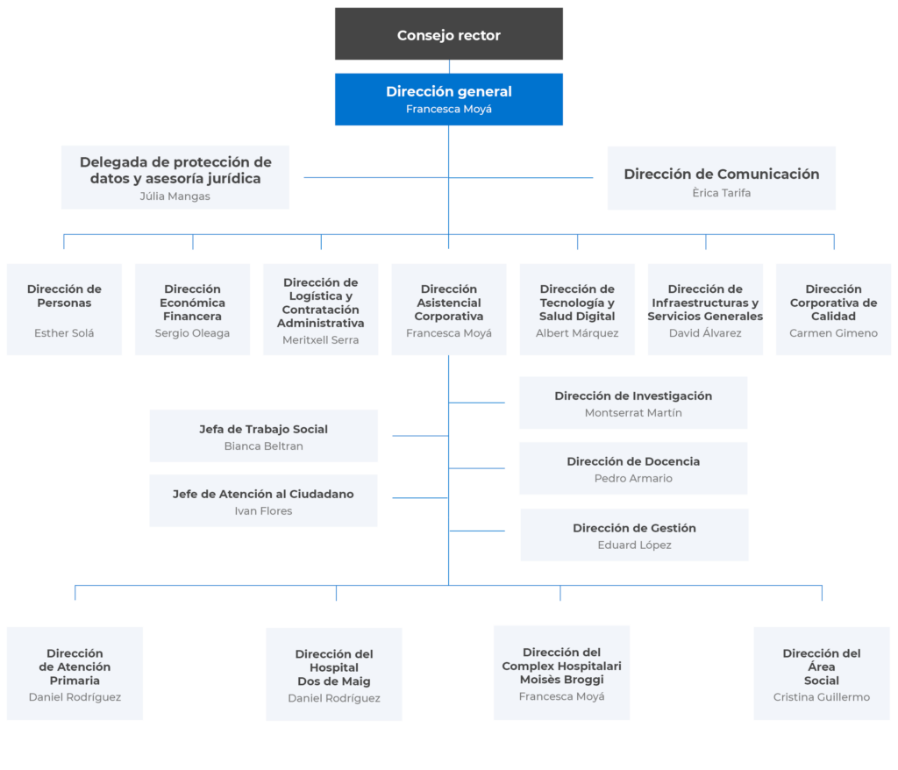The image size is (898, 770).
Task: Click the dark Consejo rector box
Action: click(x=449, y=34)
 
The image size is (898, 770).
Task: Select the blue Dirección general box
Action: click(x=449, y=99)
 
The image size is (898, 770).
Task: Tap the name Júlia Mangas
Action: click(x=175, y=196)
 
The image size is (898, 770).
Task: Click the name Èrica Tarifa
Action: click(x=722, y=193)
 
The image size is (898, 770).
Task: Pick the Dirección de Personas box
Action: click(x=64, y=310)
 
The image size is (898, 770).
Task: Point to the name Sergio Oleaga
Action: click(x=192, y=333)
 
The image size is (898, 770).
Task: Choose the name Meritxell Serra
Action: click(x=321, y=339)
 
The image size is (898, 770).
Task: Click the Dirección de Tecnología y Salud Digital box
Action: click(x=577, y=310)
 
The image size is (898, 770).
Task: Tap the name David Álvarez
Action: click(x=706, y=333)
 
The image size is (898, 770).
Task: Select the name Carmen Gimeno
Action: click(x=834, y=333)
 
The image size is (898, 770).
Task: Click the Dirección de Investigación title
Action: click(x=633, y=396)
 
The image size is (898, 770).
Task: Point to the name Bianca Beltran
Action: click(x=263, y=446)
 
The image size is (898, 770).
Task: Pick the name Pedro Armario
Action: click(x=633, y=478)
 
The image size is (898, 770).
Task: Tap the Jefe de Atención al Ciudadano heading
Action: click(x=263, y=494)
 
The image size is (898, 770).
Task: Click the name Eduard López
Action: click(x=635, y=545)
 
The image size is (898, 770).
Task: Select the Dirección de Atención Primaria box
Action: click(x=75, y=674)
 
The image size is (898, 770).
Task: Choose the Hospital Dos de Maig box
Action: click(x=334, y=674)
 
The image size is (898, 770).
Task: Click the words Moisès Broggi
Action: click(x=562, y=680)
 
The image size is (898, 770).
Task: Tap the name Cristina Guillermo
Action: click(x=821, y=697)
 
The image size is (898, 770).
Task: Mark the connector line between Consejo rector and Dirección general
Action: click(x=449, y=67)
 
